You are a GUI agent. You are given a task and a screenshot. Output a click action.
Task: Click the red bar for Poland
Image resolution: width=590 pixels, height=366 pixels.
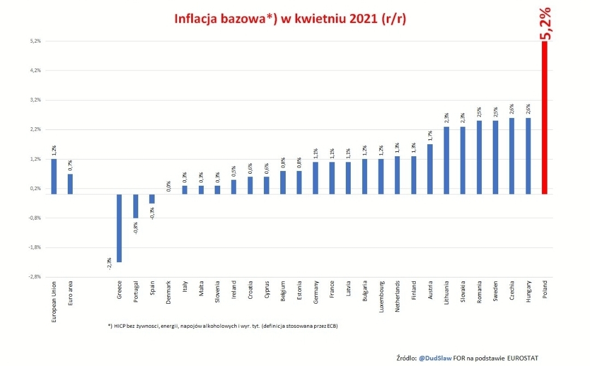pyautogui.click(x=545, y=117)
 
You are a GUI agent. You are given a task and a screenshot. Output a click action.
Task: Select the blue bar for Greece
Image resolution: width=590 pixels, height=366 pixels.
pyautogui.click(x=119, y=228)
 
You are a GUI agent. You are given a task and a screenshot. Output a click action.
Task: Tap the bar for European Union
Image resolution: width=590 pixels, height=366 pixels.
pyautogui.click(x=54, y=176)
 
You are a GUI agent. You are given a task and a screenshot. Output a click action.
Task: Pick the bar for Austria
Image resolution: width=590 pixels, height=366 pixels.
pyautogui.click(x=430, y=169)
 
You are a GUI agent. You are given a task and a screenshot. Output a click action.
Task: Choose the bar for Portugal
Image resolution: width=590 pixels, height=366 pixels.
pyautogui.click(x=135, y=206)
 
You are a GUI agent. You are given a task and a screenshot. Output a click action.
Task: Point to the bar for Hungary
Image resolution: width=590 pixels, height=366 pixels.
pyautogui.click(x=528, y=156)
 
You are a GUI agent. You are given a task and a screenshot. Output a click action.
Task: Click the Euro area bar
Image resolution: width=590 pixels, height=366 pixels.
pyautogui.click(x=70, y=184)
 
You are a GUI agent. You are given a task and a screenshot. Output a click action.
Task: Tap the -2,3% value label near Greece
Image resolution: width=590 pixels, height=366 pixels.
pyautogui.click(x=109, y=263)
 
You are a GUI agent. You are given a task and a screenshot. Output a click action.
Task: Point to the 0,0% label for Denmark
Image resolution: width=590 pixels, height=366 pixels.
pyautogui.click(x=169, y=186)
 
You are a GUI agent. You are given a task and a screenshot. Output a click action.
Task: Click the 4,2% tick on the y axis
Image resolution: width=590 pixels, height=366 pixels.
pyautogui.click(x=35, y=70)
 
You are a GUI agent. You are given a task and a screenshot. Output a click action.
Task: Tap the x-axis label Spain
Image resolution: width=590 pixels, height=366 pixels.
pyautogui.click(x=152, y=290)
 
